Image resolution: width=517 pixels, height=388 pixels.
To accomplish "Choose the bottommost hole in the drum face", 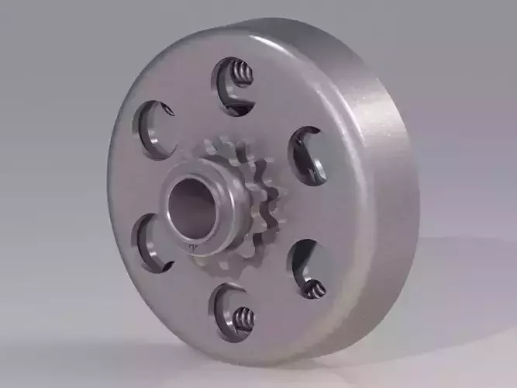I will coord(234,313).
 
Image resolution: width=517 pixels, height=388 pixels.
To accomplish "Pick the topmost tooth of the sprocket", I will coord(229,144).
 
